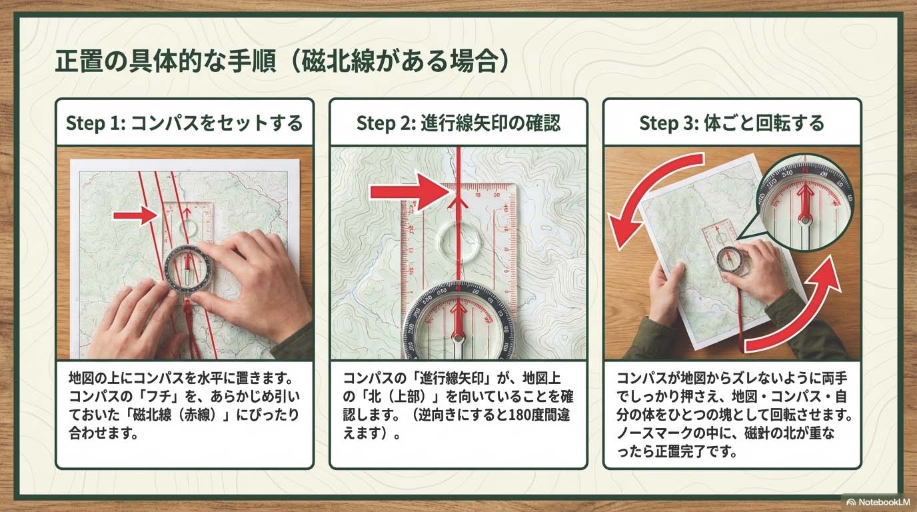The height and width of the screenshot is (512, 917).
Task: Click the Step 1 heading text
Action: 184,123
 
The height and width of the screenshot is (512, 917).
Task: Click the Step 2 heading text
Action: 458,123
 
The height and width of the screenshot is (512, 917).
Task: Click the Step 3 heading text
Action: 732,123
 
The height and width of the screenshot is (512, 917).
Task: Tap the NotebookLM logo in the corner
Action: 878,502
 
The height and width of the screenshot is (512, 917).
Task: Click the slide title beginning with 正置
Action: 283,61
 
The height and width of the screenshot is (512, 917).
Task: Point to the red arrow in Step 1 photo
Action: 135,215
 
